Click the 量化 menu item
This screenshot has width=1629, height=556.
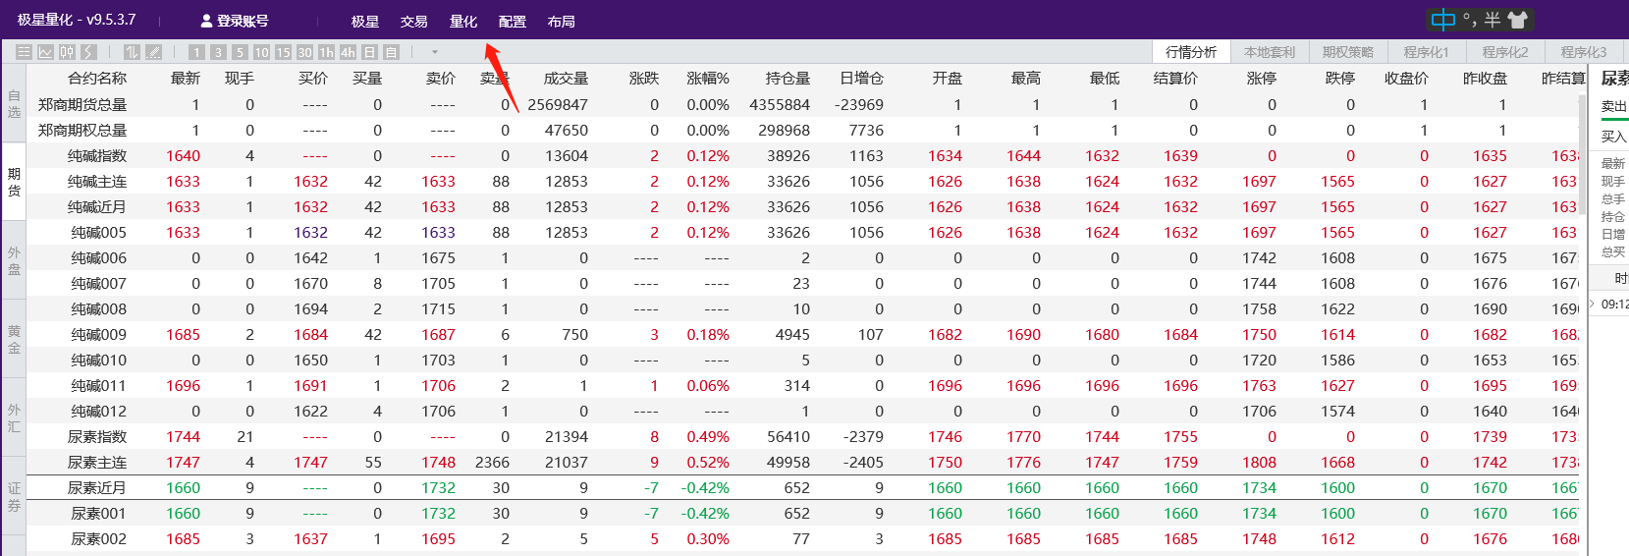[462, 22]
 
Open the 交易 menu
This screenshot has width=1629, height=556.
[413, 22]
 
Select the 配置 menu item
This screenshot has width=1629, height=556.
[512, 22]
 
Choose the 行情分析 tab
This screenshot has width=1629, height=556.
[1190, 52]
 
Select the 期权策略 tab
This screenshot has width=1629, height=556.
[1347, 52]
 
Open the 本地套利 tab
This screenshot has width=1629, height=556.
[1269, 52]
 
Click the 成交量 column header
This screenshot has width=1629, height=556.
[566, 79]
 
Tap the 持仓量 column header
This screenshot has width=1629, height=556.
[787, 79]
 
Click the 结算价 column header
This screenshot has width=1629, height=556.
[1174, 79]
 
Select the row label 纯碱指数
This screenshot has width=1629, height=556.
[97, 156]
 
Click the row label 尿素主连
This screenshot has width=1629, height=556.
[97, 463]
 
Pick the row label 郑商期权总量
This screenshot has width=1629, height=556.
[82, 131]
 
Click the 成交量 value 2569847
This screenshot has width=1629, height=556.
[558, 105]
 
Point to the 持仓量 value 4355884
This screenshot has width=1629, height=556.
[780, 105]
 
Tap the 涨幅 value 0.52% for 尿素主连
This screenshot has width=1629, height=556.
[708, 463]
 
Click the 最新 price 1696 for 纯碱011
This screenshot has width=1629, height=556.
[183, 386]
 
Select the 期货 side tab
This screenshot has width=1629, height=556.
[14, 182]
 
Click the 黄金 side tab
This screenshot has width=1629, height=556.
[14, 339]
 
